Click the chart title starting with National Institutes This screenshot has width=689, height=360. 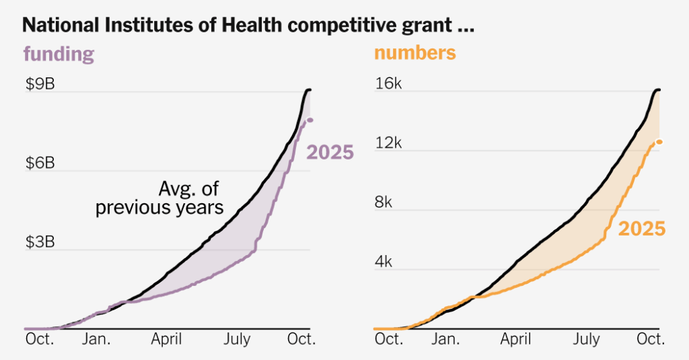pos(248,26)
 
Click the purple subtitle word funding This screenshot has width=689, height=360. pos(59,54)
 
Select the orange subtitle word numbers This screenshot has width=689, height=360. pos(414,52)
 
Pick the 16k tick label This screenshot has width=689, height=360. pos(388,84)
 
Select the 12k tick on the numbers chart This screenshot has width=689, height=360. pos(388,143)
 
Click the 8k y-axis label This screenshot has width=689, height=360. pos(388,203)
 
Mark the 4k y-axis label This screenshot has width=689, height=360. pos(388,262)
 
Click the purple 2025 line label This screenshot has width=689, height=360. pos(330,153)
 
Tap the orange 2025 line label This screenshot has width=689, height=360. pos(641,229)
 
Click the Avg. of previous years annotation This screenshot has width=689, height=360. pos(159,198)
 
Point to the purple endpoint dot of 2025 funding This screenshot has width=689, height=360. pos(310,120)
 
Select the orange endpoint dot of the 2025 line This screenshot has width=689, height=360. pos(659,141)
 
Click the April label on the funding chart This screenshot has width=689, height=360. pos(166,340)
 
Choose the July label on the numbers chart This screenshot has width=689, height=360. pos(586,340)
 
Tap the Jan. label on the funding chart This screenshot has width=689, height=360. pos(97,340)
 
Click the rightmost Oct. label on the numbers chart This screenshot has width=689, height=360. pos(651,340)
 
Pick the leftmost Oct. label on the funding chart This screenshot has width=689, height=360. pos(39,340)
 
